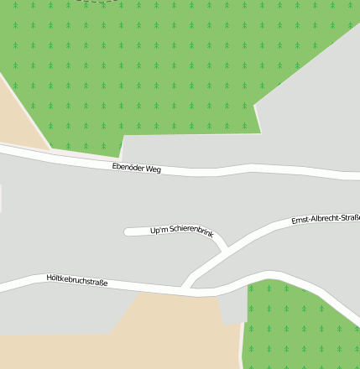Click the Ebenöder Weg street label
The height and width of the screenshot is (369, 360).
[x=136, y=168]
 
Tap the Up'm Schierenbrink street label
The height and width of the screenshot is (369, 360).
[x=182, y=231]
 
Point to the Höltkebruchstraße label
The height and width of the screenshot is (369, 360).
[x=77, y=280]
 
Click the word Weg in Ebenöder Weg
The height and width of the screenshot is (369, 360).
[x=152, y=169]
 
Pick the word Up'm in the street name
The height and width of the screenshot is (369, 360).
[x=159, y=231]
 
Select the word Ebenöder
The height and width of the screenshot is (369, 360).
[x=128, y=167]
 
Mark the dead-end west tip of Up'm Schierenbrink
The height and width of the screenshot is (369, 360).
[x=128, y=232]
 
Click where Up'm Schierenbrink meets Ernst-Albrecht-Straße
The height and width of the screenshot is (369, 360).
[x=226, y=249]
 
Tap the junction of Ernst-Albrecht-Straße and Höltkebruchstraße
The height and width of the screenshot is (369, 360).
[x=186, y=288]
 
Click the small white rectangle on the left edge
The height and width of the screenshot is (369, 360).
[x=1, y=198]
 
